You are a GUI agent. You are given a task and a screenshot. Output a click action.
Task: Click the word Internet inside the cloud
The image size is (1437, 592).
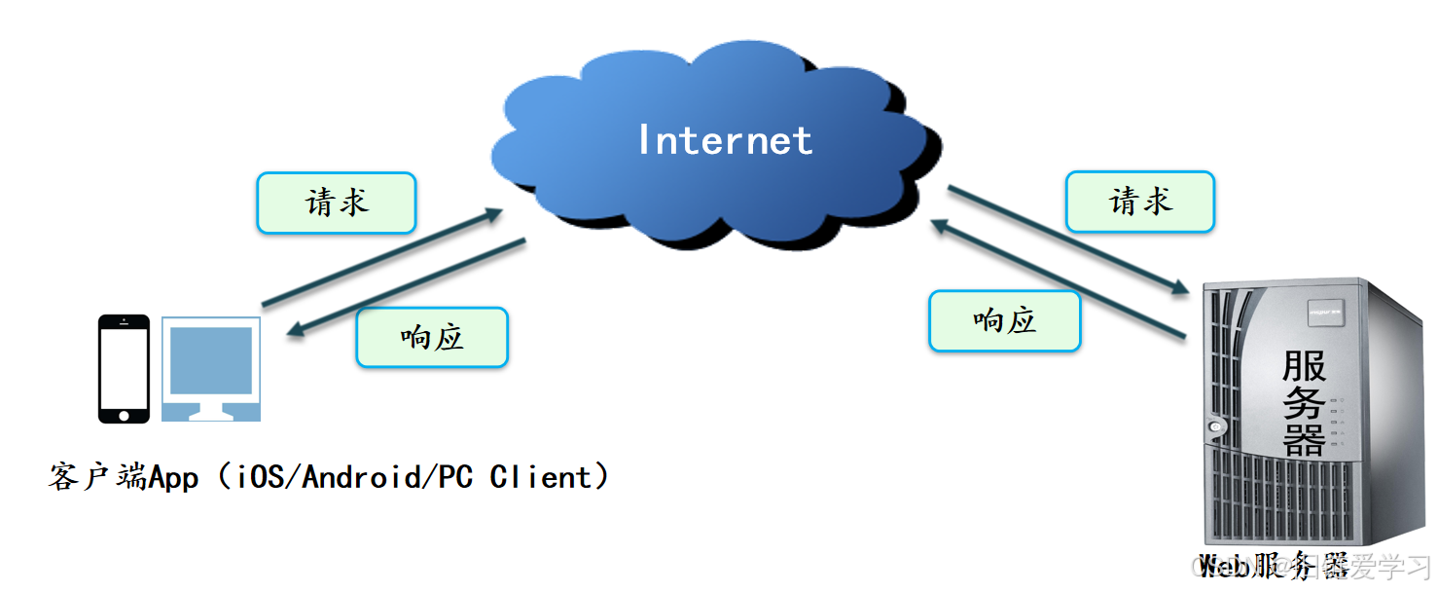pos(725,141)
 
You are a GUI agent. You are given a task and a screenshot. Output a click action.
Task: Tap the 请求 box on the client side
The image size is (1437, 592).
pos(337,203)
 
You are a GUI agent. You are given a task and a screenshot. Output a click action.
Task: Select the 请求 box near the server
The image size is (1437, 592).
pos(1140,202)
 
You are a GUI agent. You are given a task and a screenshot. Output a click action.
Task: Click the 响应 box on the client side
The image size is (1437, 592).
pos(432,337)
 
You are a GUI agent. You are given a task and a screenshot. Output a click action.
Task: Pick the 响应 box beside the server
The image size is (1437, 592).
pos(1005,320)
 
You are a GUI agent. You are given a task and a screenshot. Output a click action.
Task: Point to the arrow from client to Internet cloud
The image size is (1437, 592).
pos(382,257)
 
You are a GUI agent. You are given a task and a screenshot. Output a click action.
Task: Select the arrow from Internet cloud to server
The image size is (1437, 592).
pos(1069,240)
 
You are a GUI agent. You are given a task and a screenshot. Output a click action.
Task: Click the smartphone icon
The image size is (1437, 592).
pos(125,368)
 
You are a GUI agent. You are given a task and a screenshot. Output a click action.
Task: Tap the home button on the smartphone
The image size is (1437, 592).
pos(125,415)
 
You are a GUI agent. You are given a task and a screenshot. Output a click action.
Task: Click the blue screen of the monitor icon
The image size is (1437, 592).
pos(211,359)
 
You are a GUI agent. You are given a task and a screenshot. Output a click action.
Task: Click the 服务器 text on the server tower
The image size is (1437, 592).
pos(1304,403)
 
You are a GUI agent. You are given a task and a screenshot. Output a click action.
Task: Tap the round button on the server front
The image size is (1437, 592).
pos(1215,425)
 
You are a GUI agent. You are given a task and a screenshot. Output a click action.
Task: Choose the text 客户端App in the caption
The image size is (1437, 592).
pos(124,477)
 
